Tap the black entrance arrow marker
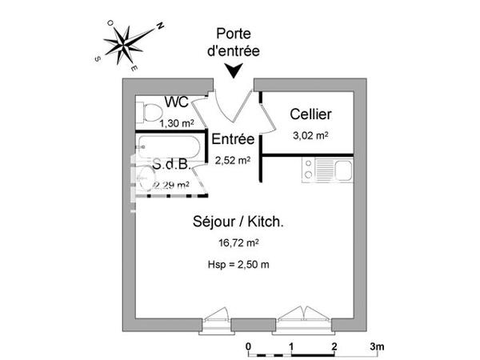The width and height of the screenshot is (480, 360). coord(234,72)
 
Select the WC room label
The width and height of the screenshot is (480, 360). coord(176,102)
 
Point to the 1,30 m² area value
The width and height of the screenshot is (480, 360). coord(176,123)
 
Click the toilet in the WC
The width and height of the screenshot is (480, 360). coord(143,110)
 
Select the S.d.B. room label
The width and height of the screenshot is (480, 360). coord(170,166)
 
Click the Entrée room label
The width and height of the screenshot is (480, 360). coord(233,139)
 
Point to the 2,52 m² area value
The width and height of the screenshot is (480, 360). coord(233,160)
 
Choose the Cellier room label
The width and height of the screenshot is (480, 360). coord(310,114)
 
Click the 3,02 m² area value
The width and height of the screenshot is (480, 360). coord(310,135)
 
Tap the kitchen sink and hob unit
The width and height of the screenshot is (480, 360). coord(326,170)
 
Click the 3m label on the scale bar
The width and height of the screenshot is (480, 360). coord(378,346)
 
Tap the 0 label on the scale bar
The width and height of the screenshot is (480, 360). coord(249,346)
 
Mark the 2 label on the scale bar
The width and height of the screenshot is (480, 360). coord(334,346)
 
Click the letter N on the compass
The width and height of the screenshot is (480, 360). coord(159,26)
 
